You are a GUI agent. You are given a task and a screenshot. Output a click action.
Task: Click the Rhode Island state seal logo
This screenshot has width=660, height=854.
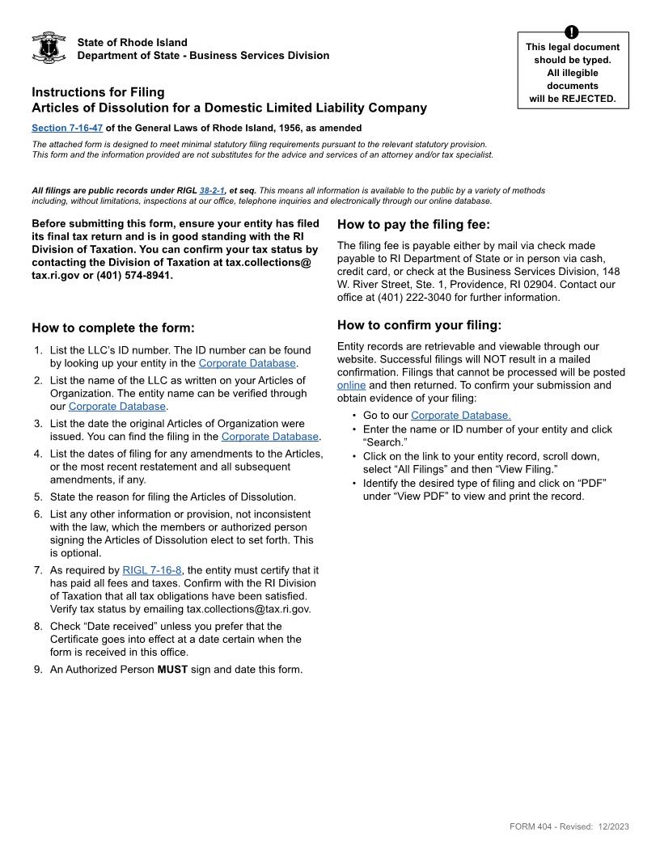click(49, 48)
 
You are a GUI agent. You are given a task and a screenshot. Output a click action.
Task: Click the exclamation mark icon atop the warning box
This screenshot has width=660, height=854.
click(572, 32)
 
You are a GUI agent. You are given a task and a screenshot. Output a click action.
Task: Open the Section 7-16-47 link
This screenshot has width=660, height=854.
click(67, 128)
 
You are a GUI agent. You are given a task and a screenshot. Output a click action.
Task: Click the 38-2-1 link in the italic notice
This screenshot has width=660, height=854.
click(212, 191)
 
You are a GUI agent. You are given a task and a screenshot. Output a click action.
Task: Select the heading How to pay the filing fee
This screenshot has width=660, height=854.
click(413, 225)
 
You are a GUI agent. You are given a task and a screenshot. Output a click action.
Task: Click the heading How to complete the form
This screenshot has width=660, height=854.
click(113, 328)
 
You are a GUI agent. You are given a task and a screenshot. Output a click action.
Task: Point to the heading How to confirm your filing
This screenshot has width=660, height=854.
click(419, 325)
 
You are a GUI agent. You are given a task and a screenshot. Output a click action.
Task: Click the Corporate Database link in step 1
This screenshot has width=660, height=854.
click(247, 363)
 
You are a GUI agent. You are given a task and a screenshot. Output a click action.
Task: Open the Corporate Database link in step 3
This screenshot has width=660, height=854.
click(270, 436)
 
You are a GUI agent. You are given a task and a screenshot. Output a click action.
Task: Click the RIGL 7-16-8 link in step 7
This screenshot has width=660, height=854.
click(152, 570)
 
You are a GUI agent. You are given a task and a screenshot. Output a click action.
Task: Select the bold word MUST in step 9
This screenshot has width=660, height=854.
click(172, 669)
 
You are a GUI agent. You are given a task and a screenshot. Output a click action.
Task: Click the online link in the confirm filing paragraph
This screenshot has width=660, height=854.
click(351, 385)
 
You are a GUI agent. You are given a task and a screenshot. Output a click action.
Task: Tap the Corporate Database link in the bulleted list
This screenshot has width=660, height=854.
click(460, 416)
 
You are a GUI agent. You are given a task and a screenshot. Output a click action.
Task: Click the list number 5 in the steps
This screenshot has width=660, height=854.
click(37, 497)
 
